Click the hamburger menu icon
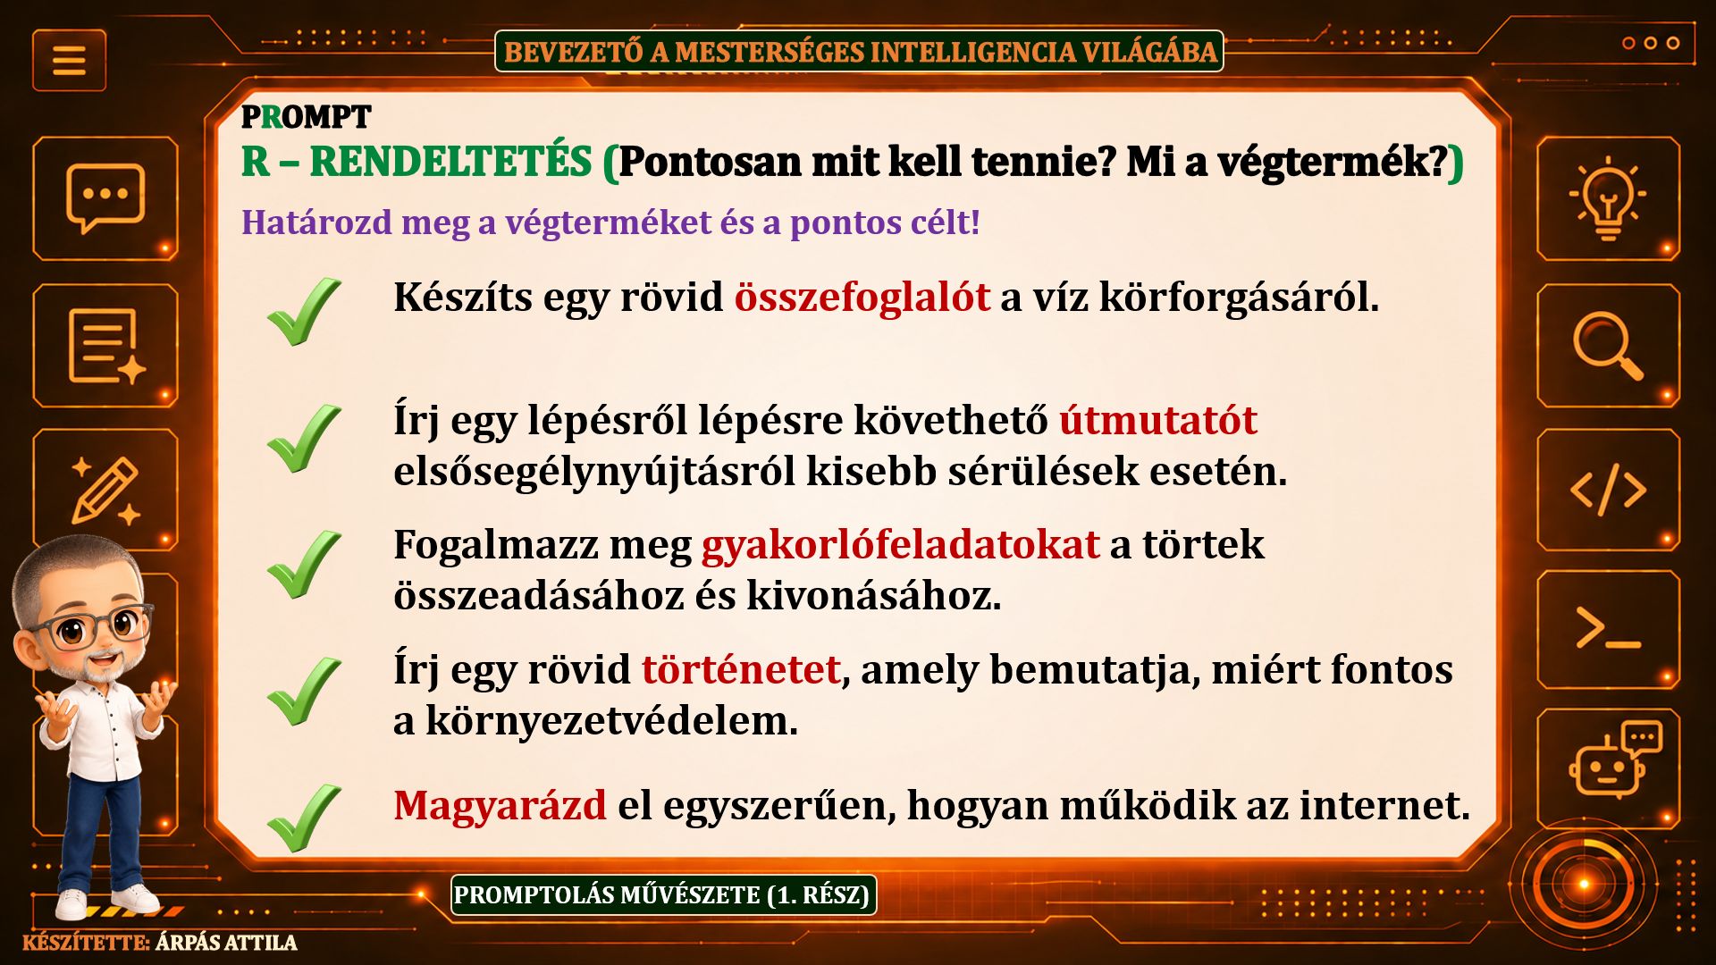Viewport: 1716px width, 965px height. click(69, 60)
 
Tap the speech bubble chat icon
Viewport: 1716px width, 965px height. click(105, 197)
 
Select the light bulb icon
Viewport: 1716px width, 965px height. click(1608, 197)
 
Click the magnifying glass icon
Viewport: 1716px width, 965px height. click(1608, 346)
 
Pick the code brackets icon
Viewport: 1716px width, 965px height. click(1608, 490)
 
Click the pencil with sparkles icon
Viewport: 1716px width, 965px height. click(105, 490)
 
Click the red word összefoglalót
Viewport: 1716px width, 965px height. click(862, 297)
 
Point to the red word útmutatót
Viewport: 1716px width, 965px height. click(1158, 420)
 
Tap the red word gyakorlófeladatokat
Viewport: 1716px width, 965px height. click(900, 545)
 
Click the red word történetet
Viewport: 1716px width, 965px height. click(740, 669)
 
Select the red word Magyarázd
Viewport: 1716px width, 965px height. click(500, 806)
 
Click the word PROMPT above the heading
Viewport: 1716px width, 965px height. click(306, 117)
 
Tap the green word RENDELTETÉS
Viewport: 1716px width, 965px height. click(450, 162)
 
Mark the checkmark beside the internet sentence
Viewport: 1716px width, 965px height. click(304, 817)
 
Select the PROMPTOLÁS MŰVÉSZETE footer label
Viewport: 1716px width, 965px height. click(662, 894)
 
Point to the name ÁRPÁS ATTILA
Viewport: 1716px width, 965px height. click(226, 943)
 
